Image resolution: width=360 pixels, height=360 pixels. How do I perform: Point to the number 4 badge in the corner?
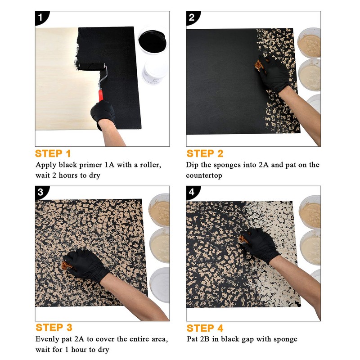(x=192, y=192)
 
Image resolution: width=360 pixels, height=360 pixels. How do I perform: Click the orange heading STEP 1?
(x=53, y=153)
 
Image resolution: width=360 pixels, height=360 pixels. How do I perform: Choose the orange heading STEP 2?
(x=205, y=153)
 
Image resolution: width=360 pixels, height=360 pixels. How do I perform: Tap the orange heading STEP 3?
(x=54, y=328)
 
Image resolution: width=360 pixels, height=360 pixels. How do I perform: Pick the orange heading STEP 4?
(x=205, y=328)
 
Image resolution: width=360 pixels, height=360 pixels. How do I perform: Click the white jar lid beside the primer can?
(x=155, y=72)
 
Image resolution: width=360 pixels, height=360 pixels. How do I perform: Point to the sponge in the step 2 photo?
(x=260, y=65)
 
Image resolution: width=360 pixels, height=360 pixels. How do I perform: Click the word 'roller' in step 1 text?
(x=149, y=165)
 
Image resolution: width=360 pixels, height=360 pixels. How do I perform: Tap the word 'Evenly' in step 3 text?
(x=48, y=339)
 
